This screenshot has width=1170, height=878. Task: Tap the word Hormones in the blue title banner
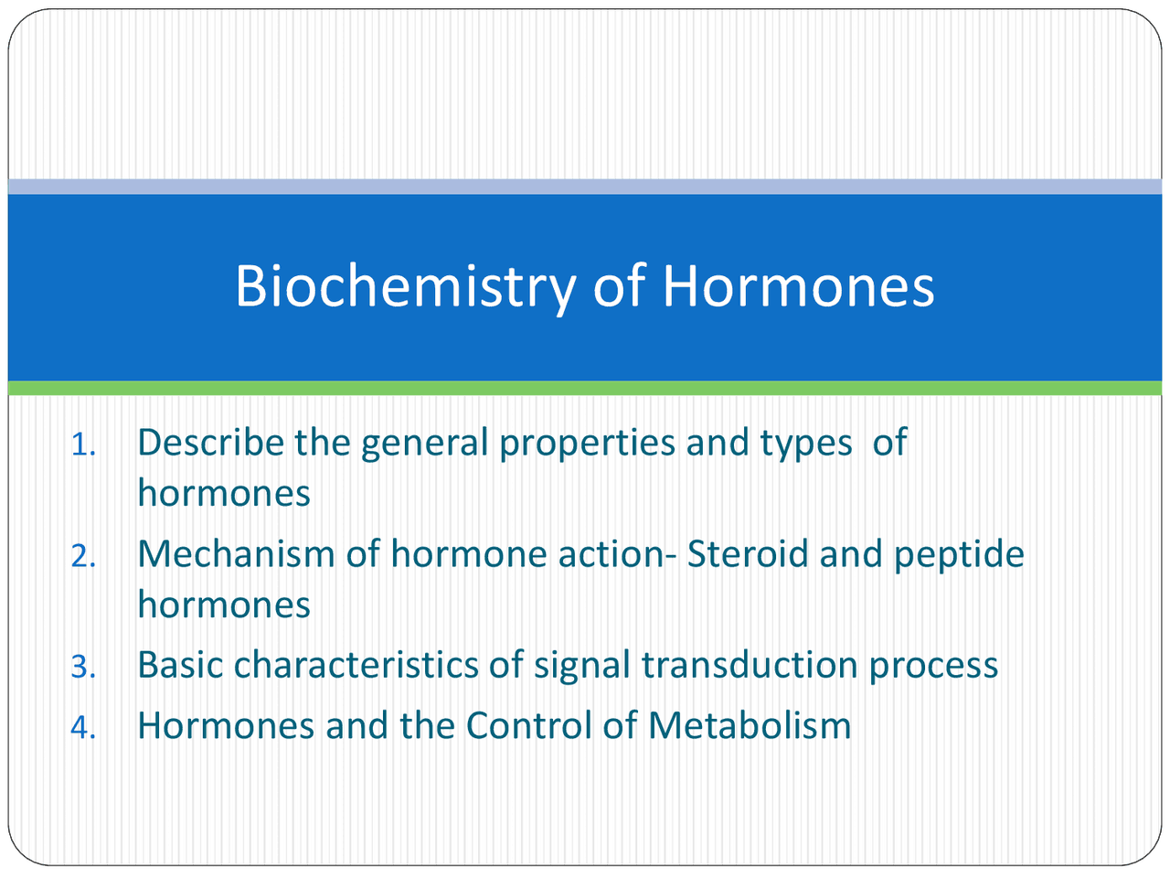pyautogui.click(x=798, y=285)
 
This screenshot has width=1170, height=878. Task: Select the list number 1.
pyautogui.click(x=83, y=445)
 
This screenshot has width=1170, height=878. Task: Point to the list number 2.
pyautogui.click(x=83, y=556)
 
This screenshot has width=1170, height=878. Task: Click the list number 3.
pyautogui.click(x=83, y=668)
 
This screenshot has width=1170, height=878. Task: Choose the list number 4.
pyautogui.click(x=83, y=728)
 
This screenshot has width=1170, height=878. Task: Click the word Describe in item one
pyautogui.click(x=210, y=443)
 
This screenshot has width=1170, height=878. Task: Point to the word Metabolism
pyautogui.click(x=750, y=726)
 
